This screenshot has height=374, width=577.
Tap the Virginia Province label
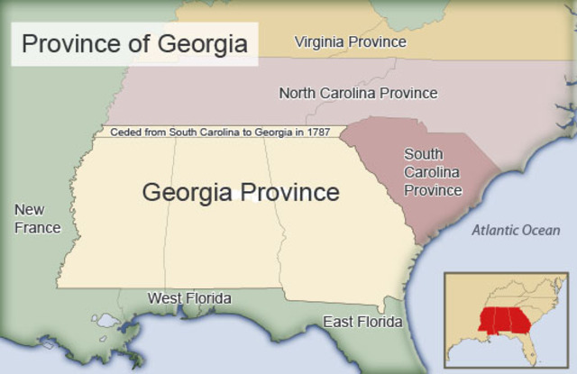[351, 41]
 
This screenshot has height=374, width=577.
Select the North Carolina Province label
[358, 93]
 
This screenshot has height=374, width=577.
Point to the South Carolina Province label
[433, 172]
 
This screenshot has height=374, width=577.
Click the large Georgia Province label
[241, 192]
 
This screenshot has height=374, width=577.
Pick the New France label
[38, 219]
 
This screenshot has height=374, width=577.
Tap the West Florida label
[189, 298]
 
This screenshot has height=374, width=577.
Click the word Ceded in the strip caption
[125, 132]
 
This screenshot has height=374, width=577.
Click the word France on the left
[38, 228]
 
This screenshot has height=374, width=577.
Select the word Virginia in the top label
[322, 41]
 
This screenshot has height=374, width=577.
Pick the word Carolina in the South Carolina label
[433, 172]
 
